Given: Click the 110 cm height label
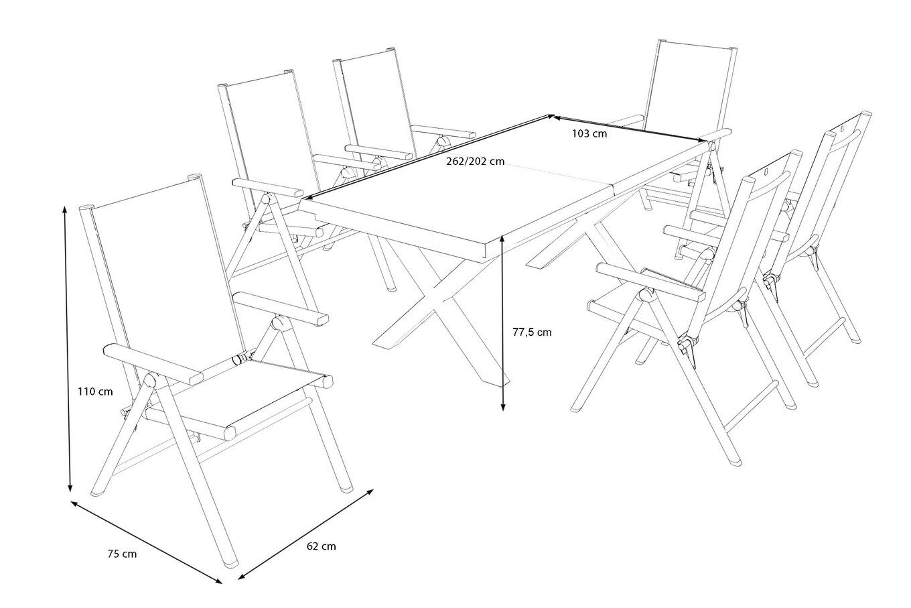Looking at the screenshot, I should pos(94,390).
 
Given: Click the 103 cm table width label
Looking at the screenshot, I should pos(589,133).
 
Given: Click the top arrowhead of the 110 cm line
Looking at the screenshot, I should pos(65,209).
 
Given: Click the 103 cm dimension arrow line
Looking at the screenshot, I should pos(630,128).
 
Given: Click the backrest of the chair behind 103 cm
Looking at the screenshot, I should pos(690,87).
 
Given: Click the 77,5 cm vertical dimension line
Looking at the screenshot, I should pos(503,322).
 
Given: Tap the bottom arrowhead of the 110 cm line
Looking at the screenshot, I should pos(70,489).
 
